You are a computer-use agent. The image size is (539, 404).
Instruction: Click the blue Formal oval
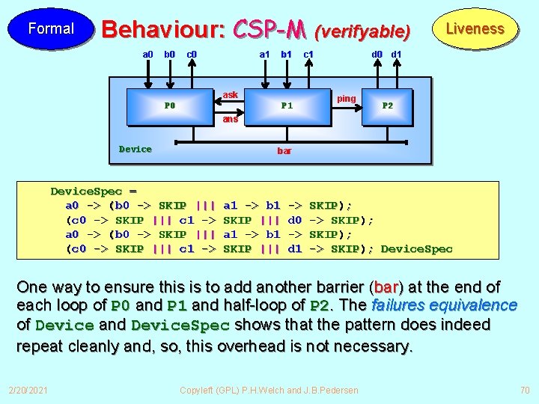pos(50,29)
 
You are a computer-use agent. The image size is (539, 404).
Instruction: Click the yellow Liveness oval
pos(475,29)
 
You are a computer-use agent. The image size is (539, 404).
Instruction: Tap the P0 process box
pos(170,105)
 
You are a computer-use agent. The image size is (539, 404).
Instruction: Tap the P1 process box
pos(287,105)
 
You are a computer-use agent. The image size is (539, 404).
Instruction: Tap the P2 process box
pos(388,105)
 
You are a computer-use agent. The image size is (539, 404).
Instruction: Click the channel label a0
pos(148,54)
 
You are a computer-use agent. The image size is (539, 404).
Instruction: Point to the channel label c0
pos(192,54)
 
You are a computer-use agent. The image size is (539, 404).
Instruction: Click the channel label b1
pos(286,54)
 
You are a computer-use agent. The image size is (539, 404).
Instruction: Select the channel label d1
pos(397,54)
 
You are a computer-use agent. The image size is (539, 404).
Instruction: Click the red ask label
pos(231,95)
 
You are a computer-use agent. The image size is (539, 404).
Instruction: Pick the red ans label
pos(230,119)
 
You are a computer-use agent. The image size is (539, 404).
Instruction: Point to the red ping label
pos(347,99)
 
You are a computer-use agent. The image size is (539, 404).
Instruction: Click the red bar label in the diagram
pos(284,151)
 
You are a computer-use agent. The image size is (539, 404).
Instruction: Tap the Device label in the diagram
pos(135,149)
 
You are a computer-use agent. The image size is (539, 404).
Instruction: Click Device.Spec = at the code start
pos(94,192)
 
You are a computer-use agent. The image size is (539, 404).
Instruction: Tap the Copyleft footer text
pos(269,390)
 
